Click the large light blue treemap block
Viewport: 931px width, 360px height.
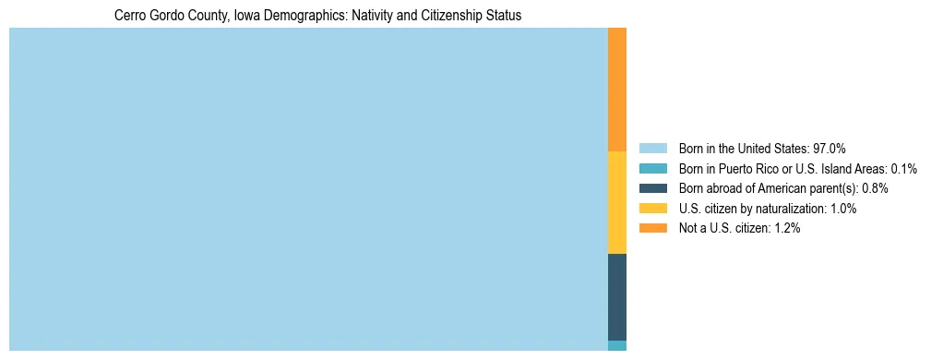pyautogui.click(x=308, y=189)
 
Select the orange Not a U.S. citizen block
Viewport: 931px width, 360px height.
pyautogui.click(x=617, y=90)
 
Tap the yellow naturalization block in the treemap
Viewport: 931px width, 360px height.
pyautogui.click(x=617, y=202)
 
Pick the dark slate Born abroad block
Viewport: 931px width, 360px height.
pyautogui.click(x=617, y=296)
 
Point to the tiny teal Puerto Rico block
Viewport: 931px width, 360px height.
pyautogui.click(x=617, y=345)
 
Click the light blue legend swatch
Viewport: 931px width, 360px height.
pyautogui.click(x=652, y=148)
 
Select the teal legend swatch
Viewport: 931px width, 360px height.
pyautogui.click(x=652, y=168)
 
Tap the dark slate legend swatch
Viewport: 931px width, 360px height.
pyautogui.click(x=652, y=188)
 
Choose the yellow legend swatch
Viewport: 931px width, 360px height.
pyautogui.click(x=652, y=209)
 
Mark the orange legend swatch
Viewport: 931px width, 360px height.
pyautogui.click(x=652, y=228)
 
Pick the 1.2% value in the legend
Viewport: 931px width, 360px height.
pyautogui.click(x=786, y=228)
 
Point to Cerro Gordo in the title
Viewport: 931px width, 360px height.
pyautogui.click(x=146, y=16)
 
